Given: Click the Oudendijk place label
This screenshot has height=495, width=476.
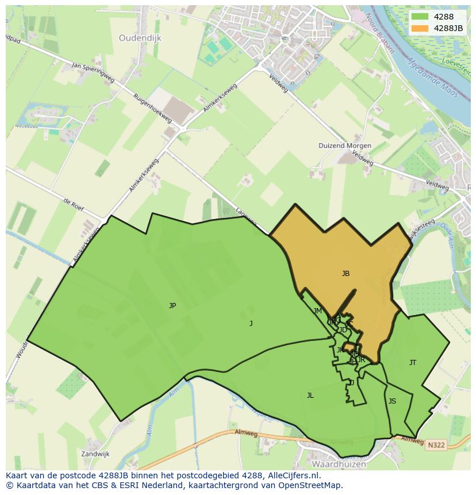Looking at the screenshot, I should point(140,38).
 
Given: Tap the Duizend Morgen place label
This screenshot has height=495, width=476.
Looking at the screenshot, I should point(345,145).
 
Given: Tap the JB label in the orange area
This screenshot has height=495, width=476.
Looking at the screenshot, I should point(346,274).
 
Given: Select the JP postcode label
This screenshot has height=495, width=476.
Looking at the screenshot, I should point(172,306).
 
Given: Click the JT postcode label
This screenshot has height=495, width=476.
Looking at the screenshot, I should point(413,363).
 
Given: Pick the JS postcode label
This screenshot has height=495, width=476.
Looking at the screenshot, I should point(392,401).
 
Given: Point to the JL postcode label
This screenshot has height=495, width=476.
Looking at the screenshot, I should point(310,396).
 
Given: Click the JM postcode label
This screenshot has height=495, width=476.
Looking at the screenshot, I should point(317,311).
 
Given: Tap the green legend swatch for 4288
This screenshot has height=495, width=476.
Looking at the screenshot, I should point(420,17).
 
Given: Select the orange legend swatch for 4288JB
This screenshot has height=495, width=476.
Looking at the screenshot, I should point(420,28).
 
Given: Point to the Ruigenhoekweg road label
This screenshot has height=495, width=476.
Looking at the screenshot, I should point(152,108).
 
